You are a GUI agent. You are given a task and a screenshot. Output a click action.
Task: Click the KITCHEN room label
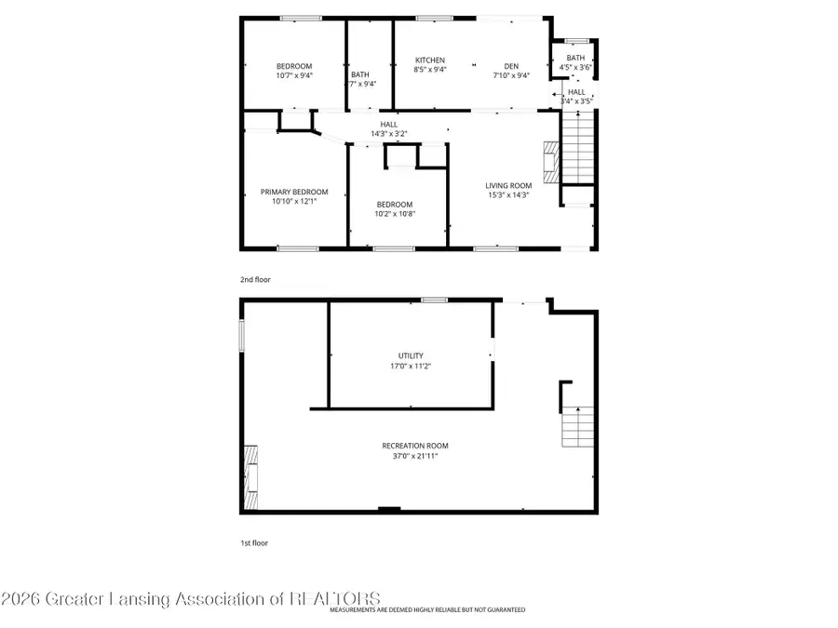coord(429,60)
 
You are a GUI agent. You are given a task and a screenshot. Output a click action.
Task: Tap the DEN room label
coord(511,65)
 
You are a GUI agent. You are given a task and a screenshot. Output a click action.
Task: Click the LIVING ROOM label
coord(508,185)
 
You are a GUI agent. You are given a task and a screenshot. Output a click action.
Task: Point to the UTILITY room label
coord(411,355)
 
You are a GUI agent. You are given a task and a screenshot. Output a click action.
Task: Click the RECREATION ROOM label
coord(414,446)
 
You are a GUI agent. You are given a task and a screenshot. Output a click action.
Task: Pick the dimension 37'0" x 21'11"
coord(414,456)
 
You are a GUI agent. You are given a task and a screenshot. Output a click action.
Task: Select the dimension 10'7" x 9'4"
coord(294,75)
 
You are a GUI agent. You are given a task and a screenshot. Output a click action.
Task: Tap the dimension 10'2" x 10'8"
coord(395,213)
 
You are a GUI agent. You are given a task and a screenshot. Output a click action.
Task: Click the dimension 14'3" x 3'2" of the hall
coord(388,134)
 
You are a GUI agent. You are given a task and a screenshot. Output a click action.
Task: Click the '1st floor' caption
coord(253,542)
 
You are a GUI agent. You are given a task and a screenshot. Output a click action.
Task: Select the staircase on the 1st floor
coord(576,427)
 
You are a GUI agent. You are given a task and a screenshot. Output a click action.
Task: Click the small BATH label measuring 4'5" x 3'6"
coord(575,58)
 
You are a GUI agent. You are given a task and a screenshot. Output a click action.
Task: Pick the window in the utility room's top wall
coord(433,300)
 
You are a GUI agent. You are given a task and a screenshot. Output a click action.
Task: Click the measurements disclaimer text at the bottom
coord(426,609)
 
